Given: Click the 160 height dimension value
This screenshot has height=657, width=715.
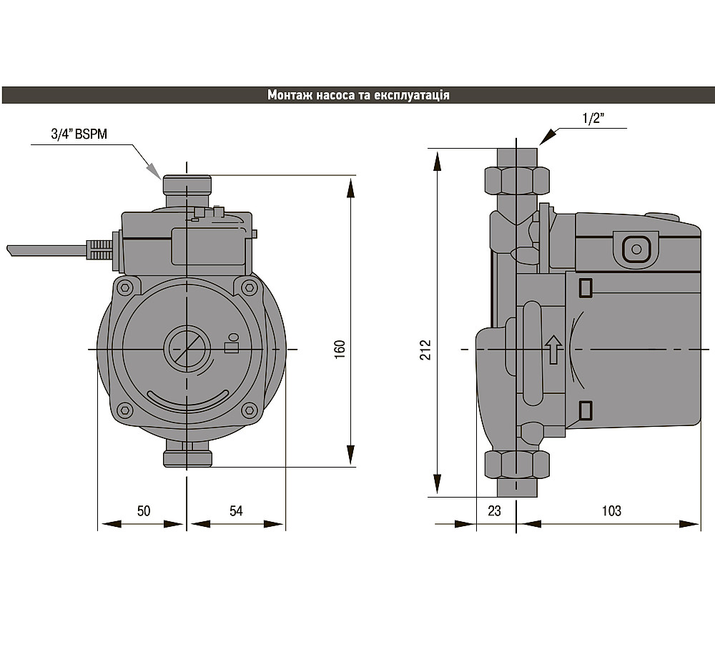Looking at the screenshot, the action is [x=340, y=350].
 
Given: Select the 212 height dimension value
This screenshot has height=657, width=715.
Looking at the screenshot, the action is [x=425, y=350].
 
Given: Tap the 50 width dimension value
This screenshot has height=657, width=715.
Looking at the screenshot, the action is [x=144, y=510].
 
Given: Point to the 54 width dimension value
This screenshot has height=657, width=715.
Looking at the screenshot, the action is [x=236, y=510].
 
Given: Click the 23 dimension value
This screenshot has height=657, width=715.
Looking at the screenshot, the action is [x=494, y=510].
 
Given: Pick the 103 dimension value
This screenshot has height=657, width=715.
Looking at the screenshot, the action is [x=611, y=510].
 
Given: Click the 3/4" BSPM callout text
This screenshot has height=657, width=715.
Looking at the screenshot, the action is [x=79, y=134].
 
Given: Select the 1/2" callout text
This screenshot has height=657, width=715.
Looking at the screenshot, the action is [x=593, y=119].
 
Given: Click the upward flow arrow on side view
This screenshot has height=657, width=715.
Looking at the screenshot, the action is [x=553, y=350].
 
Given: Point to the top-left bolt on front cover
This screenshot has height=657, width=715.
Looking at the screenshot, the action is [x=124, y=287].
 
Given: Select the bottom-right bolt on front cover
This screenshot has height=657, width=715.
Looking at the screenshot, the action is [x=249, y=410].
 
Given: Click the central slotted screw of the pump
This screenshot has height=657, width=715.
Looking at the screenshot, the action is [x=187, y=349].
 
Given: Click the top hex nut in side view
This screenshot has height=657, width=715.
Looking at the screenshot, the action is [x=517, y=181].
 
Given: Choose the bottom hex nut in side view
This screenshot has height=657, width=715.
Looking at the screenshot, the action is [x=517, y=465].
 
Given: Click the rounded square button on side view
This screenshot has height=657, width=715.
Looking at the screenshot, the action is [x=636, y=249].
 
